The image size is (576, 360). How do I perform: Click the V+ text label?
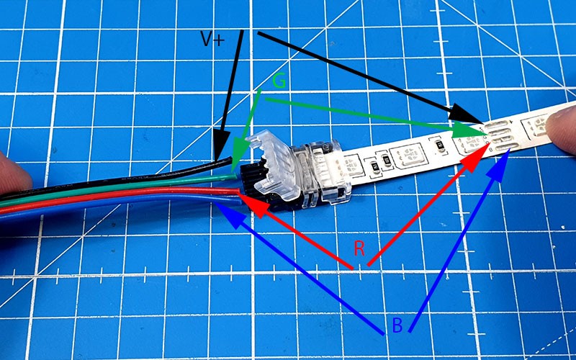[212, 39]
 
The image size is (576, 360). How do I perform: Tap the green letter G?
[279, 81]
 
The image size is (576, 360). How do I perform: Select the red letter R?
[359, 248]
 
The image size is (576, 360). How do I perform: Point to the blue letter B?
[397, 325]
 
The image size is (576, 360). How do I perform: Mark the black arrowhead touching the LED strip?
[464, 113]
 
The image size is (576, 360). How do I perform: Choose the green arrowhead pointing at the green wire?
[239, 153]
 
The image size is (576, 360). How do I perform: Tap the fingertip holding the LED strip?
[562, 129]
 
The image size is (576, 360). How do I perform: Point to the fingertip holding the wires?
[14, 173]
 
